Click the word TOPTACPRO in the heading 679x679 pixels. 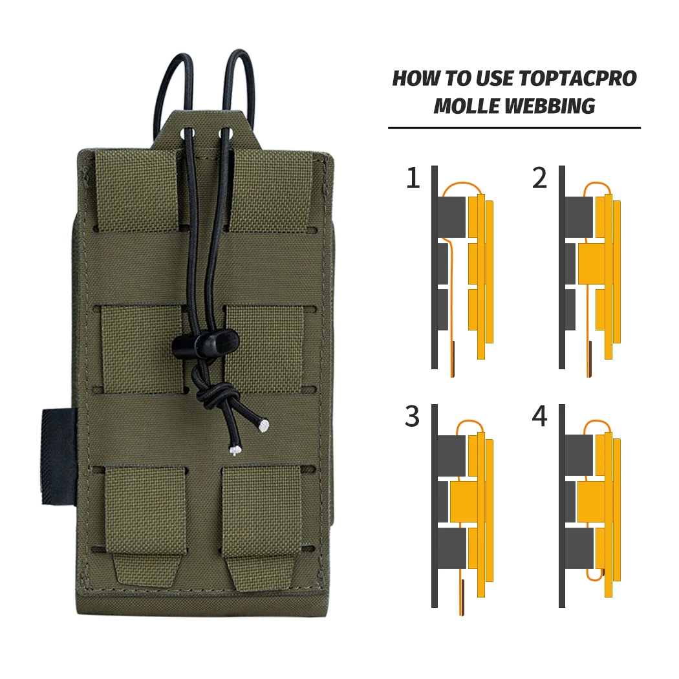click(577, 78)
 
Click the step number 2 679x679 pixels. click(539, 178)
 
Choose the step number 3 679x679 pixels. click(413, 416)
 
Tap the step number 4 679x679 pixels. click(539, 416)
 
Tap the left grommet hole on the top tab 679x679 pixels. click(189, 133)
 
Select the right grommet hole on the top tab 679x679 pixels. click(226, 133)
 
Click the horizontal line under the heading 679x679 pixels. click(514, 128)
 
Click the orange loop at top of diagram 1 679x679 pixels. click(462, 184)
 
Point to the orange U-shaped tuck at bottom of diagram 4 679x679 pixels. click(595, 578)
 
